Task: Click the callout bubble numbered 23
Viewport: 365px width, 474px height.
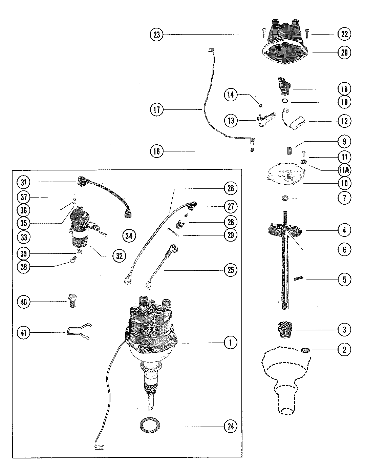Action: pos(157,35)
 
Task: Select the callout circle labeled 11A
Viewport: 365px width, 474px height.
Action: pos(344,170)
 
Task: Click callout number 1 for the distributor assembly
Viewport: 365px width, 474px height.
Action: pos(231,343)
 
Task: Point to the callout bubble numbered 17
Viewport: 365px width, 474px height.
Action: pos(157,109)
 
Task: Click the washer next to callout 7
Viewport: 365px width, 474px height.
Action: pos(285,198)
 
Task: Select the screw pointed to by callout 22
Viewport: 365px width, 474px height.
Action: pos(307,34)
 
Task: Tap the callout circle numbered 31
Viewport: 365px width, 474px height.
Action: pos(23,183)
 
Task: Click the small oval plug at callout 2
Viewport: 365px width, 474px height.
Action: pos(305,350)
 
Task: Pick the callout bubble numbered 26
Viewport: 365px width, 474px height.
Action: pos(231,188)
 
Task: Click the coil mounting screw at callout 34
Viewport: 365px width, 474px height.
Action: pos(103,234)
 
